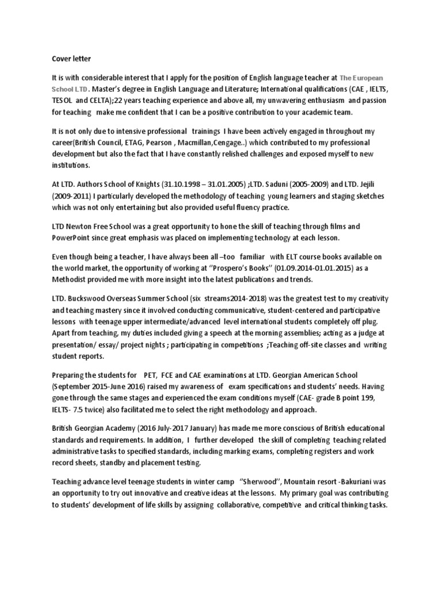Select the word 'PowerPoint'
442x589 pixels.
tap(72, 238)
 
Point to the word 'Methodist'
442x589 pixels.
tap(72, 280)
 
